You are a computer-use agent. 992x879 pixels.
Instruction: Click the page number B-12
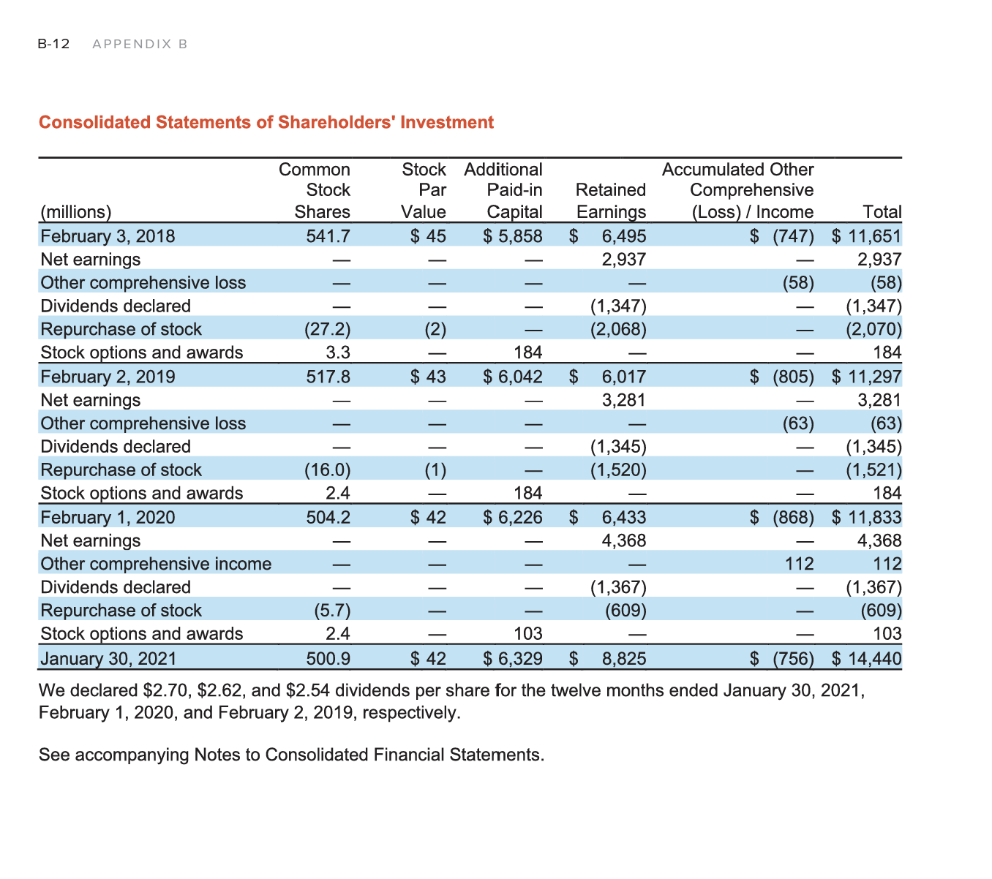point(53,44)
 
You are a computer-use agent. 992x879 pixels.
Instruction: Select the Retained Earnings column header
point(611,201)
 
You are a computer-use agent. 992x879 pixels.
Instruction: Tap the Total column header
point(882,212)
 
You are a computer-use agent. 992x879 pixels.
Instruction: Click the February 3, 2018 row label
point(108,236)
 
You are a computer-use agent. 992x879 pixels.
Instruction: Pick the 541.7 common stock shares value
point(328,236)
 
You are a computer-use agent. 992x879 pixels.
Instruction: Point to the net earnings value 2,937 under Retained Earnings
point(623,260)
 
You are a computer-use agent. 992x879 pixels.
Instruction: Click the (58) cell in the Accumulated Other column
point(798,283)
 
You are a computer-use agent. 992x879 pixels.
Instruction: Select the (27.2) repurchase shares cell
point(327,330)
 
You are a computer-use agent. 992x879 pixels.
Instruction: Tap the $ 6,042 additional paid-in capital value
point(513,377)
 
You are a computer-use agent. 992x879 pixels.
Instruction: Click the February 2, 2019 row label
point(108,377)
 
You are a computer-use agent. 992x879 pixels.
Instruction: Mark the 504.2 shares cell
point(328,518)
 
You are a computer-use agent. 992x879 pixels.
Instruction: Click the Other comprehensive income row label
point(156,564)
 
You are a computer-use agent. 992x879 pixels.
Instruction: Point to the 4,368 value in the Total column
point(879,540)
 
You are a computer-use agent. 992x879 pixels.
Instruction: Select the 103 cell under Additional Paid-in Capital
point(527,634)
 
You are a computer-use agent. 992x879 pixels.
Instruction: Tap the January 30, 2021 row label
point(108,659)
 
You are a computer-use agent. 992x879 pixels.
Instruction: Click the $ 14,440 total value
point(867,659)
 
